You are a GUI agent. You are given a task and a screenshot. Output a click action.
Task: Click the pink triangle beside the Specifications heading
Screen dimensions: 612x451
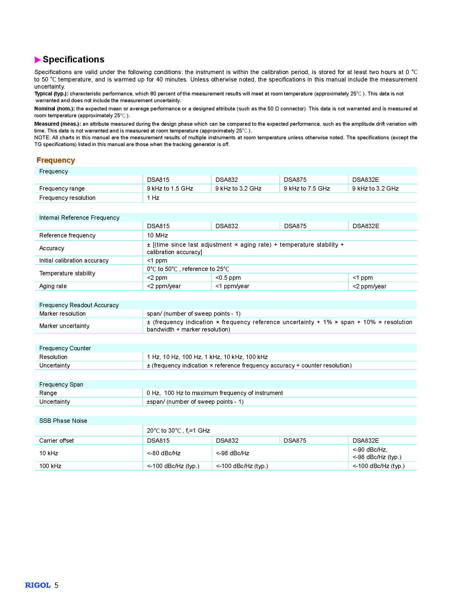(x=37, y=60)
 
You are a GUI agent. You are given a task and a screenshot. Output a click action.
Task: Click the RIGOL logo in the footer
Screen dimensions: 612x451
(x=38, y=585)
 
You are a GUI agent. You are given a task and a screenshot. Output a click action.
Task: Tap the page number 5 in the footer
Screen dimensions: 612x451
(x=56, y=585)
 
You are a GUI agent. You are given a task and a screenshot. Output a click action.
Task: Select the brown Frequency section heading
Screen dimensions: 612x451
(x=56, y=160)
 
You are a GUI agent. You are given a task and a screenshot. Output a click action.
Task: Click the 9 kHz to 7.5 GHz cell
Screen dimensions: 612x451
(x=306, y=188)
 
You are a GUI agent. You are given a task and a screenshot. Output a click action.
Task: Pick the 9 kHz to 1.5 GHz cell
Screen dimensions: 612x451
(x=170, y=188)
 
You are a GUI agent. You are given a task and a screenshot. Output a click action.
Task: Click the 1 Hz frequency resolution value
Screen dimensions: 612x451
(x=153, y=198)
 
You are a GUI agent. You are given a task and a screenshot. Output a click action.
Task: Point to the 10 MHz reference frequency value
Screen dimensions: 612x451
(x=157, y=235)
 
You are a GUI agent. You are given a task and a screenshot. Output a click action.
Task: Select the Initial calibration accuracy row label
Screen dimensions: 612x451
(x=74, y=260)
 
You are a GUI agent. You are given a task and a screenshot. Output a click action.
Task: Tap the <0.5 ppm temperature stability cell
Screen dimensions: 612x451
(x=228, y=278)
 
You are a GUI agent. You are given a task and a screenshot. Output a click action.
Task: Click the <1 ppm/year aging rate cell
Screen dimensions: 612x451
(x=232, y=286)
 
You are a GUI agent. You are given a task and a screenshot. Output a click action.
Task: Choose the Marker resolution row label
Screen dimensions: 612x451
(x=62, y=314)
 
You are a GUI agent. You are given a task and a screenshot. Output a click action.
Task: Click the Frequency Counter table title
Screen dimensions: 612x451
(x=65, y=348)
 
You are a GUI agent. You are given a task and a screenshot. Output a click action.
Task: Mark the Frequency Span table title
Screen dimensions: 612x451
(x=61, y=384)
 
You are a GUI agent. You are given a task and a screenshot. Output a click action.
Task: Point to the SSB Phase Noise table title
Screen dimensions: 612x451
(x=63, y=421)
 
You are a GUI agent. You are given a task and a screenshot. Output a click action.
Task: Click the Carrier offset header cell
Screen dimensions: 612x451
(x=56, y=441)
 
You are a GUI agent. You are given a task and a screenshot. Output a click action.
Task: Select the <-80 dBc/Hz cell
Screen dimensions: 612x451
(x=164, y=453)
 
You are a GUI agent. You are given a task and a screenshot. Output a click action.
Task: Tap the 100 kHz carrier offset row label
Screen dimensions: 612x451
(x=50, y=466)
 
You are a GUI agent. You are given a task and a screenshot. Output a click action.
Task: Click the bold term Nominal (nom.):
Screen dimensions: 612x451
(x=54, y=109)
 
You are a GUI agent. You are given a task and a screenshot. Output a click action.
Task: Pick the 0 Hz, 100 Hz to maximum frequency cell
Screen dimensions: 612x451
(x=215, y=393)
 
